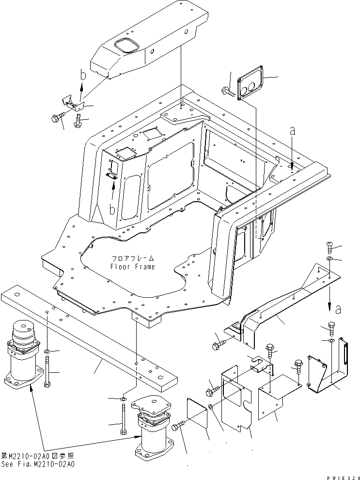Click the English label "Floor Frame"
[132, 267]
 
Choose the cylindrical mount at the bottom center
[154, 427]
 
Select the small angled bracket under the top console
[71, 103]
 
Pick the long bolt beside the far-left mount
[47, 371]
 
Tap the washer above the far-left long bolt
[47, 351]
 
